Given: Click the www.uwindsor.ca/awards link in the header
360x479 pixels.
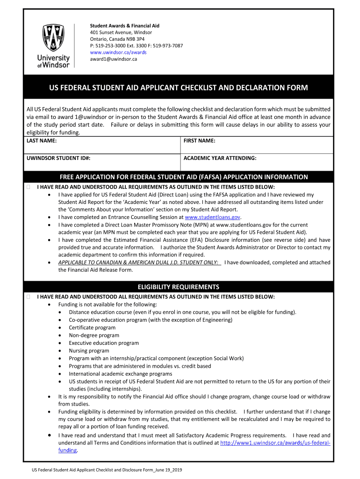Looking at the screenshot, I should [x=118, y=52].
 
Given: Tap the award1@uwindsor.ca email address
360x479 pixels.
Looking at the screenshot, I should [x=113, y=59].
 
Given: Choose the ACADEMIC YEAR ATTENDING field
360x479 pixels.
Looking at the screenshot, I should [x=257, y=162].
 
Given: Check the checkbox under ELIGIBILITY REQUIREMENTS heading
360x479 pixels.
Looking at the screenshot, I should [x=29, y=297].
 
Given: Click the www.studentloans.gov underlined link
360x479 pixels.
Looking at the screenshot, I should [x=213, y=217].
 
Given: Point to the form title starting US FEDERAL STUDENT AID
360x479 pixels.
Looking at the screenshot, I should [x=179, y=88].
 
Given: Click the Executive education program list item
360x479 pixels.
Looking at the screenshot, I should [x=104, y=343].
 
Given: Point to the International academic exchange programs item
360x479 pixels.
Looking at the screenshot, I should [x=120, y=374].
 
